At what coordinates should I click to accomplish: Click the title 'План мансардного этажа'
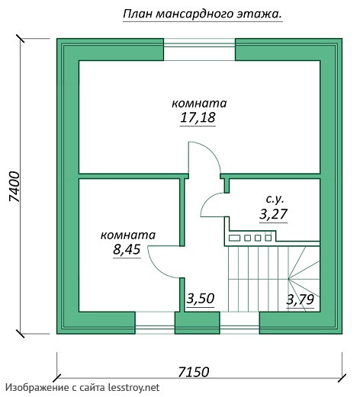(x=203, y=14)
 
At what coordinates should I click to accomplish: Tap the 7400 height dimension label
(x=14, y=187)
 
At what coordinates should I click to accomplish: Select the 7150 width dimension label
(x=194, y=372)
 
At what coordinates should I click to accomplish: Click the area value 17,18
(x=198, y=117)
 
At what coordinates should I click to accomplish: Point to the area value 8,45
(x=127, y=249)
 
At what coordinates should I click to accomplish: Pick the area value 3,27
(x=273, y=214)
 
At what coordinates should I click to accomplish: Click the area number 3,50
(x=201, y=299)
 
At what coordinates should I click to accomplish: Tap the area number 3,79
(x=301, y=299)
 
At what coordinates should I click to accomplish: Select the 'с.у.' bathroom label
(x=275, y=200)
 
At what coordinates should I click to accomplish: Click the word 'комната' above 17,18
(x=199, y=104)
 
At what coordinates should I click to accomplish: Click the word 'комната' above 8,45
(x=128, y=235)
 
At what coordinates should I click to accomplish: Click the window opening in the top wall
(x=199, y=50)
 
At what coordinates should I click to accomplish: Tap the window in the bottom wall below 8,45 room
(x=155, y=322)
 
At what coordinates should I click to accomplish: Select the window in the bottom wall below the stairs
(x=239, y=322)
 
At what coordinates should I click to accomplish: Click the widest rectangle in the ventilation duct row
(x=234, y=238)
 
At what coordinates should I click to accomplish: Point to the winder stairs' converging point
(x=288, y=279)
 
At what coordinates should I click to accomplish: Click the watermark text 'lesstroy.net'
(x=133, y=388)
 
